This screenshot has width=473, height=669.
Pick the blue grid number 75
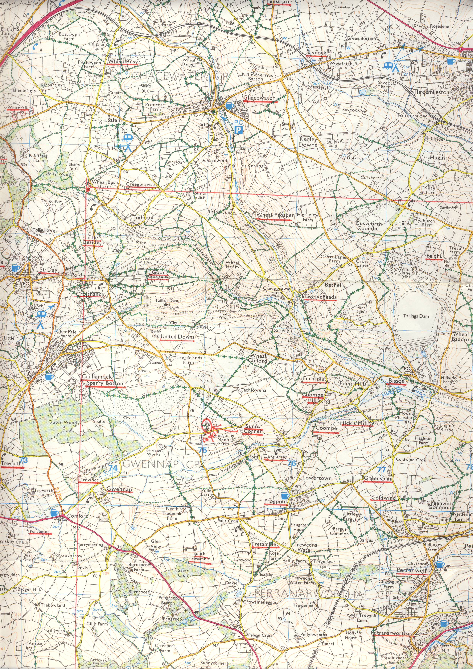tap(202, 450)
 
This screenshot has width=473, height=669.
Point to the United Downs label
tap(177, 337)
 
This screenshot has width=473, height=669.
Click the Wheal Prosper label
tap(275, 215)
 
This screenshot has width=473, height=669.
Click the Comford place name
tap(78, 516)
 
